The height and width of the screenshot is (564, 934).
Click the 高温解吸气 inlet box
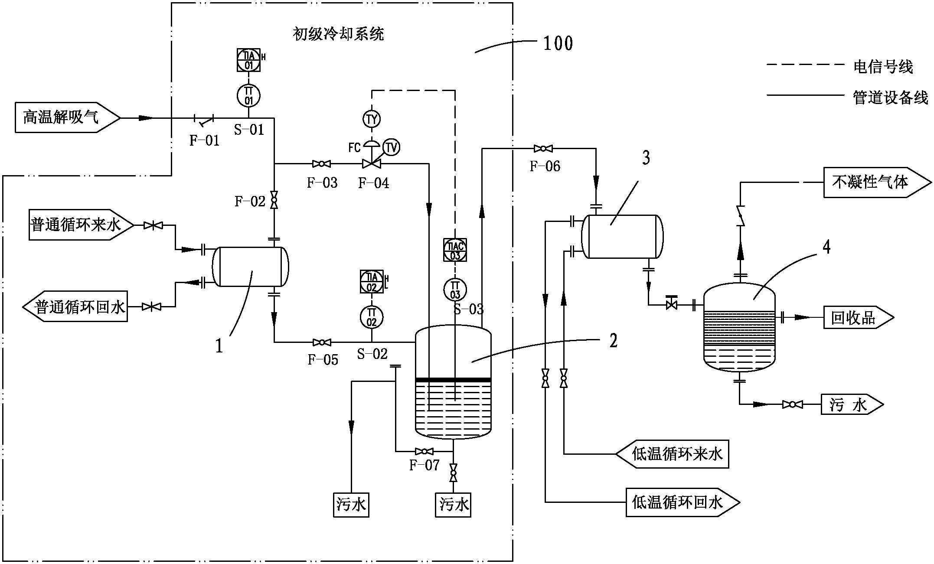tap(65, 117)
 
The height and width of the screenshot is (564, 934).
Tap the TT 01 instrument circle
tap(248, 96)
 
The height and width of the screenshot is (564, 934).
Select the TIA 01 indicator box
tap(248, 60)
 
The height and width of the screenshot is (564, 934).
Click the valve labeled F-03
tap(321, 164)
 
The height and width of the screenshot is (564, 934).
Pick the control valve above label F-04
tap(371, 163)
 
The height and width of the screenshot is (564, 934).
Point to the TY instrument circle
tap(372, 119)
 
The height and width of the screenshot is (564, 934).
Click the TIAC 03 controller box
tap(455, 250)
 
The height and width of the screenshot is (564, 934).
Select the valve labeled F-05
tap(322, 342)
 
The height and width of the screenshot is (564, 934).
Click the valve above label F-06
tap(543, 149)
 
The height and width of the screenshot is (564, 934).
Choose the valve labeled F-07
tap(424, 451)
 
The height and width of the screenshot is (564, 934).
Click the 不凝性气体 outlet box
tap(874, 183)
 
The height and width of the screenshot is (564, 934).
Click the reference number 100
tap(558, 43)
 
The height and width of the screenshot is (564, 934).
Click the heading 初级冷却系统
tap(338, 33)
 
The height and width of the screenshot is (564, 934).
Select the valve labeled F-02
tap(274, 201)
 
